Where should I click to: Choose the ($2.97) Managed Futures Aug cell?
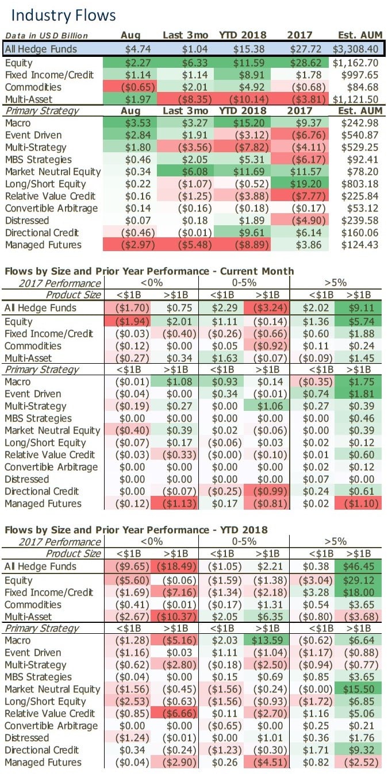[x=131, y=245]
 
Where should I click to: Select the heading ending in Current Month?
[x=149, y=271]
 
